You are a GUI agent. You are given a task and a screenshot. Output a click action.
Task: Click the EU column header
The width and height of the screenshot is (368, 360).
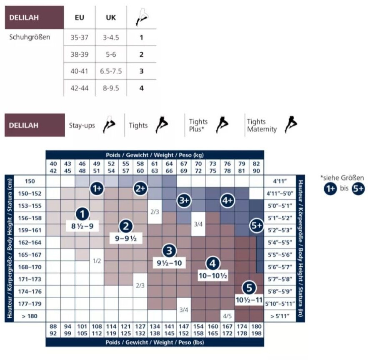click(x=79, y=18)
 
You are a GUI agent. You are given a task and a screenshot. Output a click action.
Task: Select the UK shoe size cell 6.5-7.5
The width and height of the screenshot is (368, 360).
click(x=110, y=71)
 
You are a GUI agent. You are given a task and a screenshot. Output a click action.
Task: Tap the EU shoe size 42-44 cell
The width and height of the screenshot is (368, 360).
click(x=79, y=88)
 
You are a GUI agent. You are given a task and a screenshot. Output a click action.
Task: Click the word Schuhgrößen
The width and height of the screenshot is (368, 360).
click(x=30, y=37)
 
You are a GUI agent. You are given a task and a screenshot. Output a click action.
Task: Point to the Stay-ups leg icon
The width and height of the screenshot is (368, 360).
click(x=109, y=124)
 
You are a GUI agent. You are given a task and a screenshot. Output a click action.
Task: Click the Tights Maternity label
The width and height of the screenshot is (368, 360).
click(x=261, y=125)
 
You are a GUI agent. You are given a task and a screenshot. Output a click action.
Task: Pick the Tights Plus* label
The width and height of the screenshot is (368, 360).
click(x=198, y=125)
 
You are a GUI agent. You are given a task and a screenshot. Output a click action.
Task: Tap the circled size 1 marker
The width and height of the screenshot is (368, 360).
click(x=83, y=214)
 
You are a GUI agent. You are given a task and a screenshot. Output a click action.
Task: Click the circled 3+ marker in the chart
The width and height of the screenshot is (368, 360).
click(x=184, y=200)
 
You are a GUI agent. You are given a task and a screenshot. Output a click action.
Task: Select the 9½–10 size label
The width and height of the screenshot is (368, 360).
click(x=169, y=263)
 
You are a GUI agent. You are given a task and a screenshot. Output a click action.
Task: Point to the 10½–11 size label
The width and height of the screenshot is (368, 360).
click(x=249, y=300)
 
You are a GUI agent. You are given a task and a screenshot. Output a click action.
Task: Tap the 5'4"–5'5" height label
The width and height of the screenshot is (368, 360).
click(x=280, y=242)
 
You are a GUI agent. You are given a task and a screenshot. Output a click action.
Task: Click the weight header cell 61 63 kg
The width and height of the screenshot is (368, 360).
click(x=155, y=167)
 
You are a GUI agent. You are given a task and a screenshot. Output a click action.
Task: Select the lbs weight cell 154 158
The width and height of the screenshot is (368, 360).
click(x=198, y=329)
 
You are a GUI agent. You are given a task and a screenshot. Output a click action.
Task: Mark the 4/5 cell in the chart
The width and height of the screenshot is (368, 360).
click(x=227, y=316)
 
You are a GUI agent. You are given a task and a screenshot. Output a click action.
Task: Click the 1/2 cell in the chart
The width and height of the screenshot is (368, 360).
click(x=97, y=261)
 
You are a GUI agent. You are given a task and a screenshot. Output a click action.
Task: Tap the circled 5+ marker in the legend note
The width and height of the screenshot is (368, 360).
click(x=358, y=188)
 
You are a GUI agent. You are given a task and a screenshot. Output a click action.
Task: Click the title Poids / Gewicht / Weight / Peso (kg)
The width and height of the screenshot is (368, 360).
click(x=155, y=155)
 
